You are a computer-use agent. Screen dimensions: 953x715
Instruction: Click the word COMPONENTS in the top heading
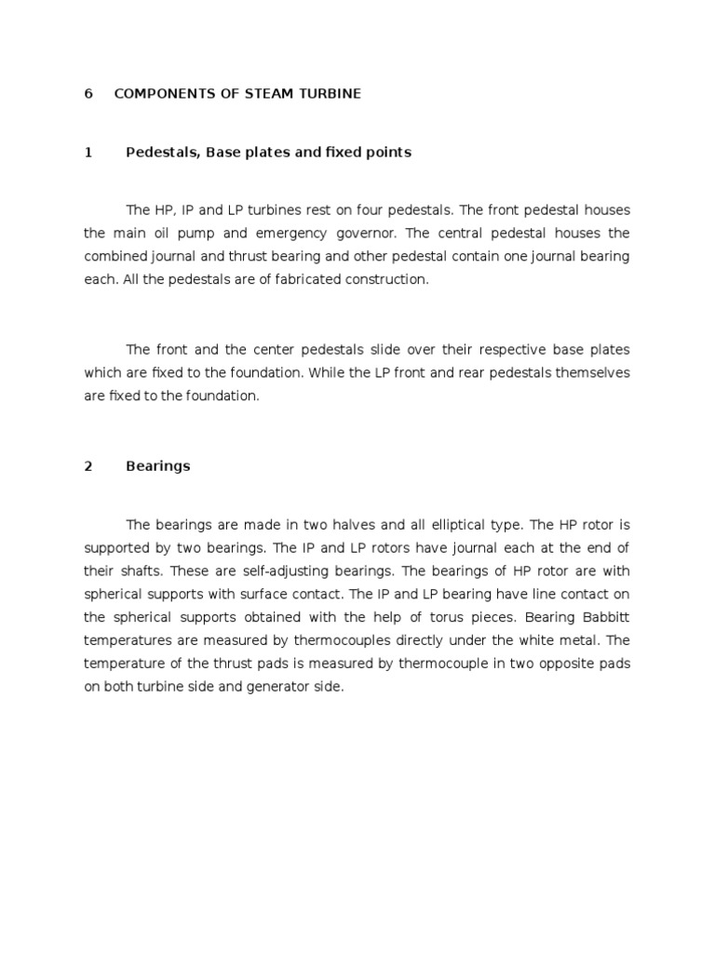tap(156, 94)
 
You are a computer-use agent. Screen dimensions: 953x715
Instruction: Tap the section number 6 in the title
tap(88, 94)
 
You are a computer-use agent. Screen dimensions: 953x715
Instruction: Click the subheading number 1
tap(88, 153)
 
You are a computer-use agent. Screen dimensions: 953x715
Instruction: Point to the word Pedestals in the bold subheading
tap(162, 153)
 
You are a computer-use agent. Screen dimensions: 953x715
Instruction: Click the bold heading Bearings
tap(157, 466)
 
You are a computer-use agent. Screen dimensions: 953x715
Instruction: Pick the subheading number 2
tap(88, 466)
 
